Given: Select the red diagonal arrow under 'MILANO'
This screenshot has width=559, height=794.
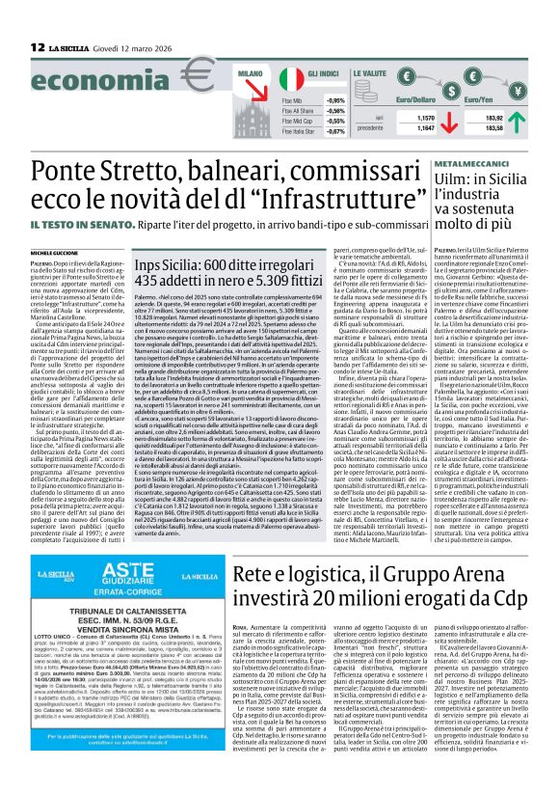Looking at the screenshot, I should click(253, 94).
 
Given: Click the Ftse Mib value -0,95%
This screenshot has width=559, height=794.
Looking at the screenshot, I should click(336, 100).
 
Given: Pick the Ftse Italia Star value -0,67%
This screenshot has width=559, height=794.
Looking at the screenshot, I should click(336, 130).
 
